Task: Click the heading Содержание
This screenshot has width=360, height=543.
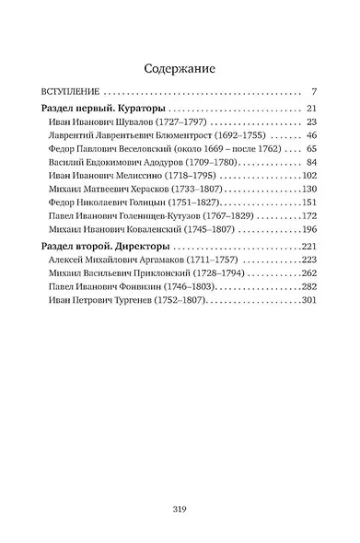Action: [180, 67]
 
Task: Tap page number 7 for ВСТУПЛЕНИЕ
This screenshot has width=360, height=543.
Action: [313, 93]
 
